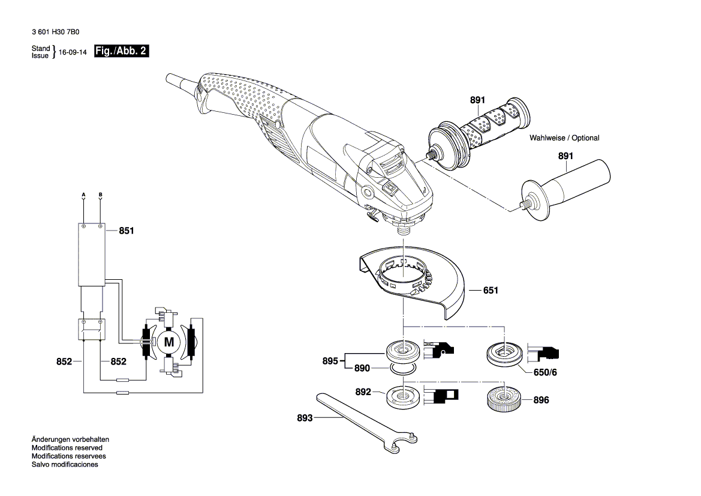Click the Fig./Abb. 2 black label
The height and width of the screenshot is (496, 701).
point(121,52)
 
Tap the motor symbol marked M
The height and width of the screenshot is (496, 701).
point(169,343)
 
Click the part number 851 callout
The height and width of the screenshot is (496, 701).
point(127,230)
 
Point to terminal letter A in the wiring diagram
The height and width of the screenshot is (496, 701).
point(83,195)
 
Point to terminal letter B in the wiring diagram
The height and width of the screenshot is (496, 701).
point(100,195)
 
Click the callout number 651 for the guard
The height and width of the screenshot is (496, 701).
point(491,290)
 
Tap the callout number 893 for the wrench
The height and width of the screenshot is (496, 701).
point(305,418)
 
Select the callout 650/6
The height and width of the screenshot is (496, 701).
point(546,372)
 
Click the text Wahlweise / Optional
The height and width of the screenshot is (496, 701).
point(564,138)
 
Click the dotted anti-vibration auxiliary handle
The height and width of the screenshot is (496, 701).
point(480,132)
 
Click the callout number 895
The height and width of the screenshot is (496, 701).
point(330,361)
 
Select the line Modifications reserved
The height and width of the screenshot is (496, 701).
point(67,448)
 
